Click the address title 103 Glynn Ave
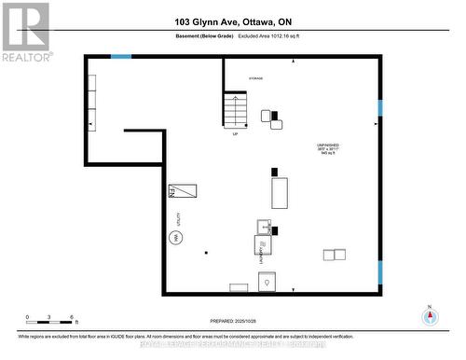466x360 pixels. click(240, 21)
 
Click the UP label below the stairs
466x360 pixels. click(236, 133)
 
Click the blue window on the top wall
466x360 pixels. click(121, 57)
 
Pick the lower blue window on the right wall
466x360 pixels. click(380, 272)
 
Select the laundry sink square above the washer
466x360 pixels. click(264, 226)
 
